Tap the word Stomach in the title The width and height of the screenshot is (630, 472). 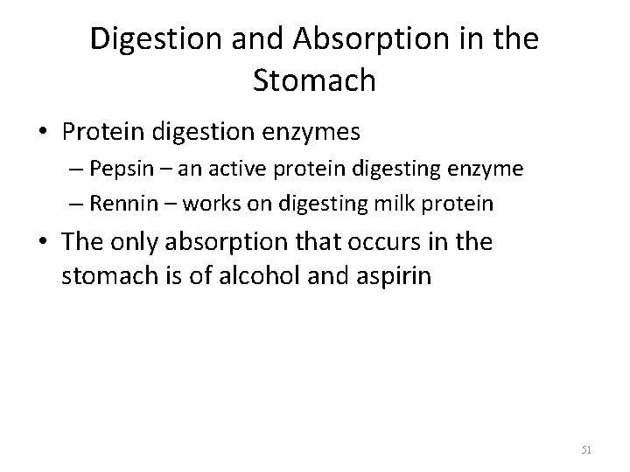tap(314, 80)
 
